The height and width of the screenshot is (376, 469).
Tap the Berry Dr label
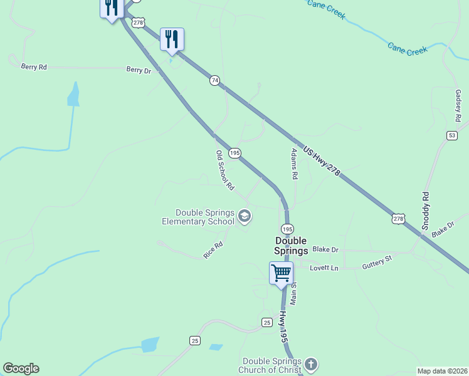click(x=139, y=70)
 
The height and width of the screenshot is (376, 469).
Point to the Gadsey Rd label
click(x=458, y=105)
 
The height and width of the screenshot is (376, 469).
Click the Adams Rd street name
click(x=294, y=164)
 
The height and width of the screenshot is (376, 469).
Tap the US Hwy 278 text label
click(x=322, y=162)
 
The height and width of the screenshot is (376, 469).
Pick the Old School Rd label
click(x=224, y=170)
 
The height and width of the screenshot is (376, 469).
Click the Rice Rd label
click(x=213, y=251)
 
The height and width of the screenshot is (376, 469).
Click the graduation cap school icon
click(x=244, y=217)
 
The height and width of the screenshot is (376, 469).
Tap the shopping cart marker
click(x=282, y=273)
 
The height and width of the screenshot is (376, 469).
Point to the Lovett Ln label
click(x=324, y=268)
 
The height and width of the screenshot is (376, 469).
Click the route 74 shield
click(x=214, y=81)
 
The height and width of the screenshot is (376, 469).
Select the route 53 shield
click(x=452, y=135)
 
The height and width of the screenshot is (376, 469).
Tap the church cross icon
click(x=311, y=364)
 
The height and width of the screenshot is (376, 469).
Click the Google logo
click(x=21, y=368)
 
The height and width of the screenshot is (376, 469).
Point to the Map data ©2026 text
click(x=442, y=371)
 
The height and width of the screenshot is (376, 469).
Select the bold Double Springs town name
click(x=291, y=246)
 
